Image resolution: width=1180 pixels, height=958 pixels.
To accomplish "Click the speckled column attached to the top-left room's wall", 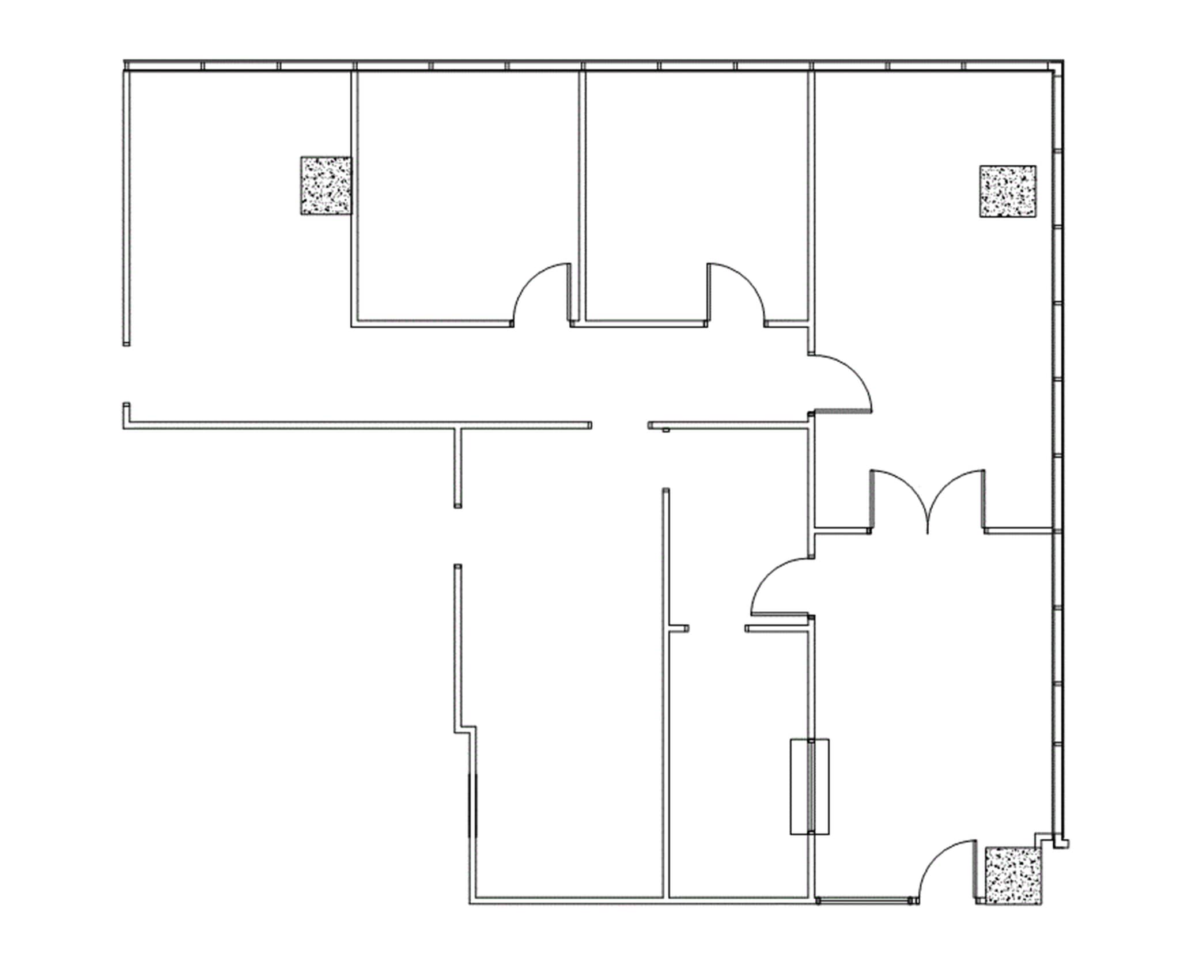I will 326,185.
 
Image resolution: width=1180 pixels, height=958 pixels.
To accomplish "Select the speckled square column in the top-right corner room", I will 1007,191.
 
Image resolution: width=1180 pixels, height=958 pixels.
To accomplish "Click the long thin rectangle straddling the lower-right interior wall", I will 809,786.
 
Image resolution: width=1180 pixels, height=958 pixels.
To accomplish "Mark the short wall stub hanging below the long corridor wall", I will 458,467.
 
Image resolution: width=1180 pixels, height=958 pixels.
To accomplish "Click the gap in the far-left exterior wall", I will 126,374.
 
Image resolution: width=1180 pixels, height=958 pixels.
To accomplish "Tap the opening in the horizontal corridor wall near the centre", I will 619,425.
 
